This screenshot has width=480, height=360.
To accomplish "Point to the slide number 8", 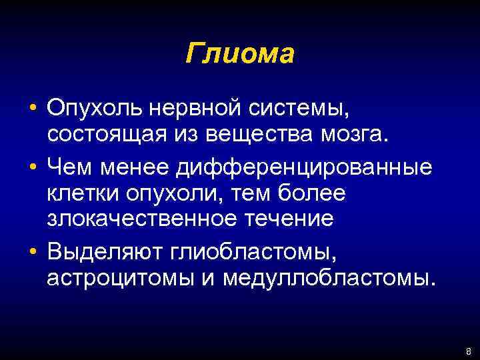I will (x=469, y=351).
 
